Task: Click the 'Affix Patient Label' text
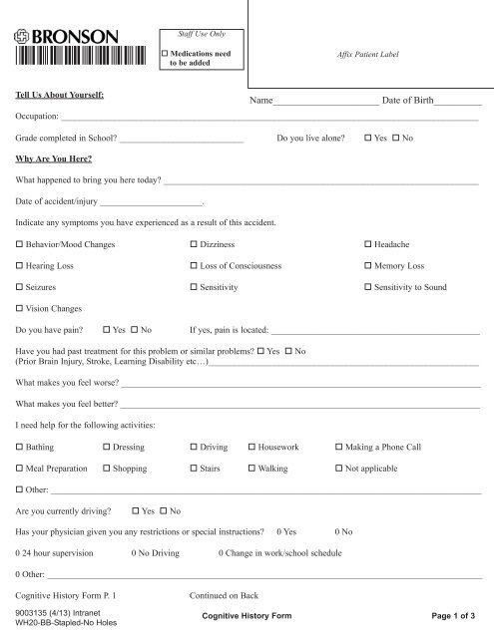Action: coord(370,52)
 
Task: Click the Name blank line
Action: coord(325,103)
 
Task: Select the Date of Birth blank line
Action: coord(459,103)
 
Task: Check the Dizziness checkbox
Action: coord(194,245)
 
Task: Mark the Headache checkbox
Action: coord(368,245)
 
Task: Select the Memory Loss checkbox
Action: coord(368,267)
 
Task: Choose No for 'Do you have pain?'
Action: coord(135,330)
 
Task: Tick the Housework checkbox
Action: coord(250,449)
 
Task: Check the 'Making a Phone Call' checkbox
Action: coord(339,449)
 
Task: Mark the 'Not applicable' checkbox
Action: coord(339,470)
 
